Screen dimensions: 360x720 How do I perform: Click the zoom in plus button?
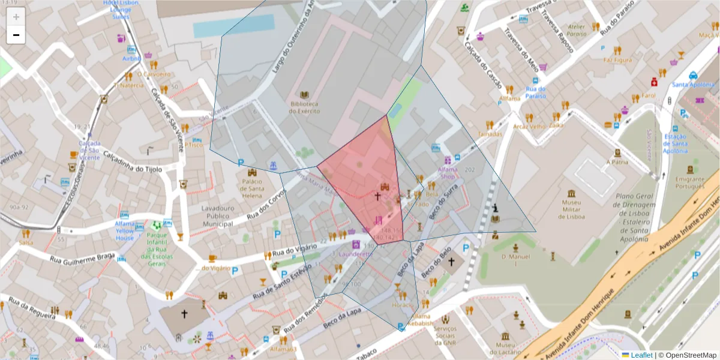pos(16,17)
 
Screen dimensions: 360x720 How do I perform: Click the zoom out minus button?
pos(16,35)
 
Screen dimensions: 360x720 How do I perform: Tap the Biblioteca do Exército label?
pos(304,107)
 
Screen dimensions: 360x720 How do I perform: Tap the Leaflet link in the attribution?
pos(641,355)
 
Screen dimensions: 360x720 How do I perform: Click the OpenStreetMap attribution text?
pos(688,355)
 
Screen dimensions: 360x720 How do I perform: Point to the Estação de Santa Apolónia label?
pos(675,144)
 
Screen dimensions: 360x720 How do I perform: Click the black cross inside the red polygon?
pos(377,196)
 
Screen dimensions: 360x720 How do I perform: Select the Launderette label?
pos(355,254)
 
